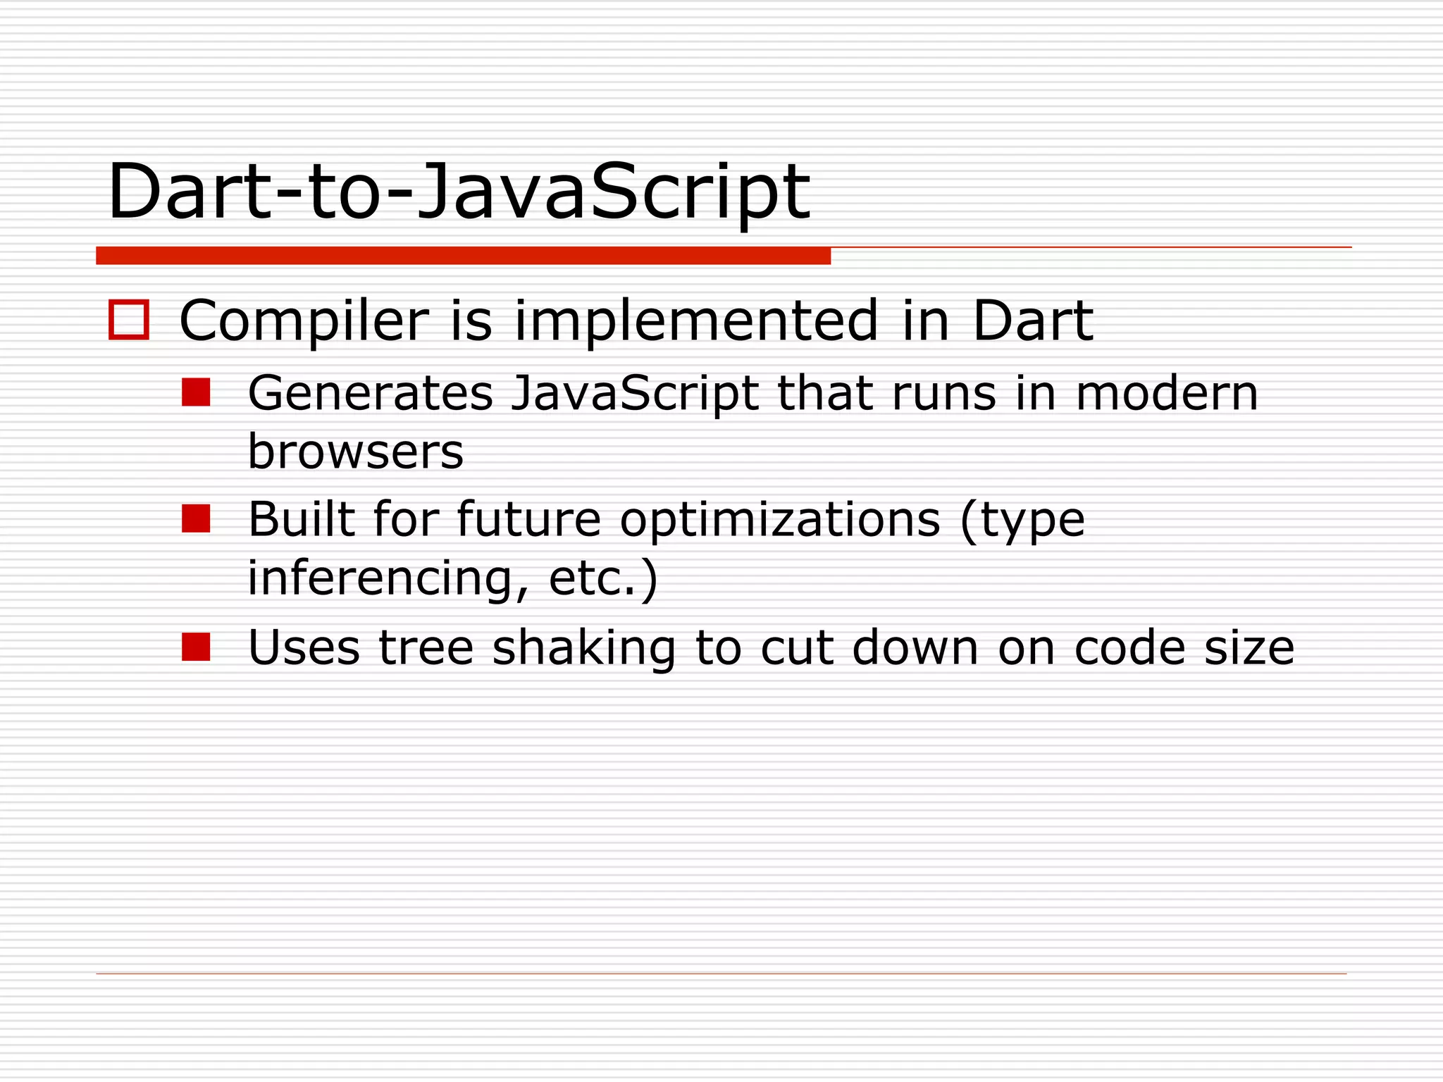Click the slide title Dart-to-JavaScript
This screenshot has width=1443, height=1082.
(458, 192)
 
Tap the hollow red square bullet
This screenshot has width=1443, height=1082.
(129, 321)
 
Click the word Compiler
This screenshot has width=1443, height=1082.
(304, 321)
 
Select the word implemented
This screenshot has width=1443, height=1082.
(696, 321)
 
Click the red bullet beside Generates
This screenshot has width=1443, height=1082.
(196, 392)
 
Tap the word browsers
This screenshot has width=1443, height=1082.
(355, 452)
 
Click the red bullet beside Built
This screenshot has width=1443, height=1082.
(196, 518)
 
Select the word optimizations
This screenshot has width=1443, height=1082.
(780, 520)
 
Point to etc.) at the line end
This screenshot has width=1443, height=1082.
(602, 578)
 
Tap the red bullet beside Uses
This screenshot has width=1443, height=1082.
(196, 647)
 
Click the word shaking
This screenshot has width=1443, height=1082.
(583, 647)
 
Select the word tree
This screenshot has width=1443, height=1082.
(426, 647)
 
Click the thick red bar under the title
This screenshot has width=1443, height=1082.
(463, 256)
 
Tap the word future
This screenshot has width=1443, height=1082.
(528, 520)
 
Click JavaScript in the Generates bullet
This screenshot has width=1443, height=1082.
(634, 394)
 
